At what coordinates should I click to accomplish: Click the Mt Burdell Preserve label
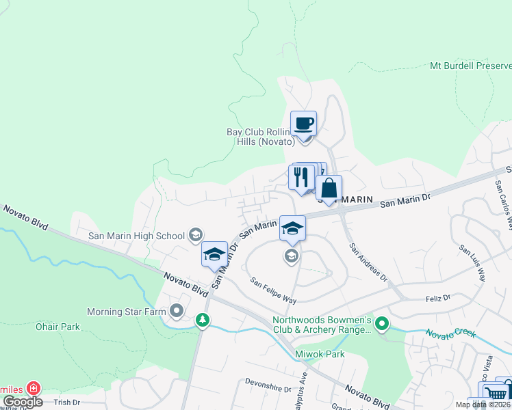point(470,66)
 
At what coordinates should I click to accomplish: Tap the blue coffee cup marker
point(303,124)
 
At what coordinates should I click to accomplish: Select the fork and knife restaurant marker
point(301,177)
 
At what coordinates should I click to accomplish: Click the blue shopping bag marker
point(329,189)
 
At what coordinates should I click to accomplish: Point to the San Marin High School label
point(137,236)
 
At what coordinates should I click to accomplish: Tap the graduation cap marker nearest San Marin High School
point(214,254)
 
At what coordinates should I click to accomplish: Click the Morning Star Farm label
point(128,312)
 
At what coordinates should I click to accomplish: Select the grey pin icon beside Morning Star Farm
point(177,312)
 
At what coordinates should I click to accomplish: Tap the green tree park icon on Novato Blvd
point(202,320)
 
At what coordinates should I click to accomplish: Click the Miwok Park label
point(320,354)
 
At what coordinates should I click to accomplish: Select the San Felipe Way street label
point(272,290)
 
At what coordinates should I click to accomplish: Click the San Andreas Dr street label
point(368,263)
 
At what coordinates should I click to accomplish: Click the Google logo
point(23,402)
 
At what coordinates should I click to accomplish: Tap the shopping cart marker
point(496,392)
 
